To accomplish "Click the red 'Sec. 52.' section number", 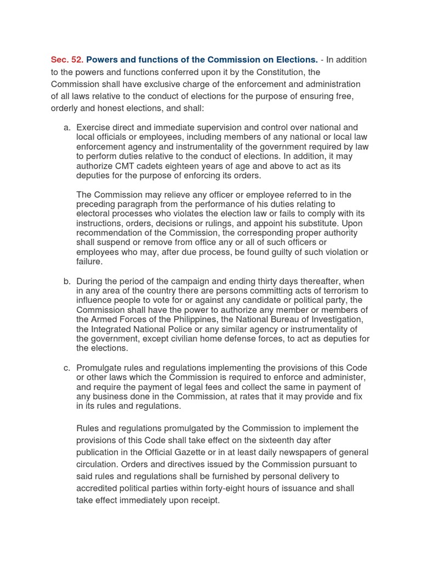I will tap(67, 59).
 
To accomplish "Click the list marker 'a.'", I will tap(67, 128).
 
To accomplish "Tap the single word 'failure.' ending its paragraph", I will tap(90, 262).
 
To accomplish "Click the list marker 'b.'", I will tap(67, 281).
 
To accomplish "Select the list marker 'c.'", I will tap(67, 368).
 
